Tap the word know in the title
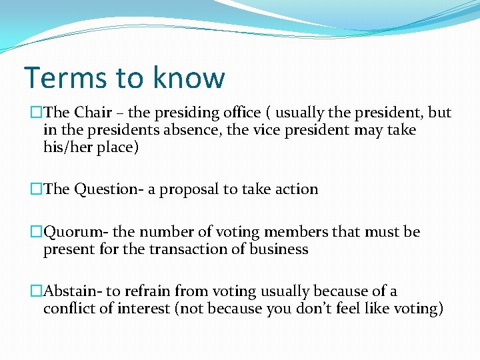[189, 77]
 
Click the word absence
[189, 130]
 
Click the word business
[280, 249]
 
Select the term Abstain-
[75, 291]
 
